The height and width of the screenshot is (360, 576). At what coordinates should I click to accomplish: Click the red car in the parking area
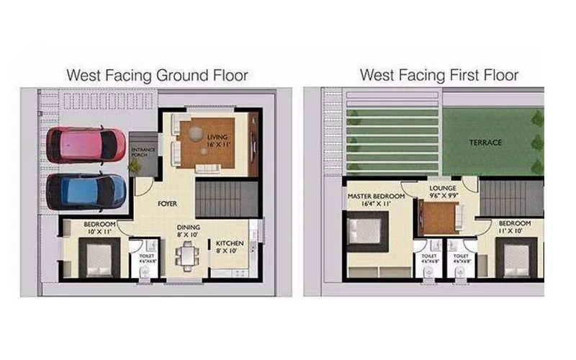point(85,145)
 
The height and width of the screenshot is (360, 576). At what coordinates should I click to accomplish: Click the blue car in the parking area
point(86,192)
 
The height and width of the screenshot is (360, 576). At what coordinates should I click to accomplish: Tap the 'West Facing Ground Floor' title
point(157,75)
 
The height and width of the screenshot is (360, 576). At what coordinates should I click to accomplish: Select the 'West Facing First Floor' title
point(439,75)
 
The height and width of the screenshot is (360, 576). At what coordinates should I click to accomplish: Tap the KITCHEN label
point(230,247)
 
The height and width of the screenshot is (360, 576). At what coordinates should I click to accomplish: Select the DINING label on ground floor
point(189,230)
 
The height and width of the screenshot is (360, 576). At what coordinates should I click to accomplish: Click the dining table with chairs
point(189,256)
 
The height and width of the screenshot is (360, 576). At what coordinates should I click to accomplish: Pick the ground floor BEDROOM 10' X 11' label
point(96,229)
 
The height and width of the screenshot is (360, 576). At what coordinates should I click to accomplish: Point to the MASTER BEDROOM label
point(375,199)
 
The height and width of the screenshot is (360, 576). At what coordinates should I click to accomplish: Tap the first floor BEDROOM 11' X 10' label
point(515,227)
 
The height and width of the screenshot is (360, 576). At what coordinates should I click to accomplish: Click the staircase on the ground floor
point(226,199)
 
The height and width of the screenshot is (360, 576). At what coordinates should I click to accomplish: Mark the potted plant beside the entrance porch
point(134,166)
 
